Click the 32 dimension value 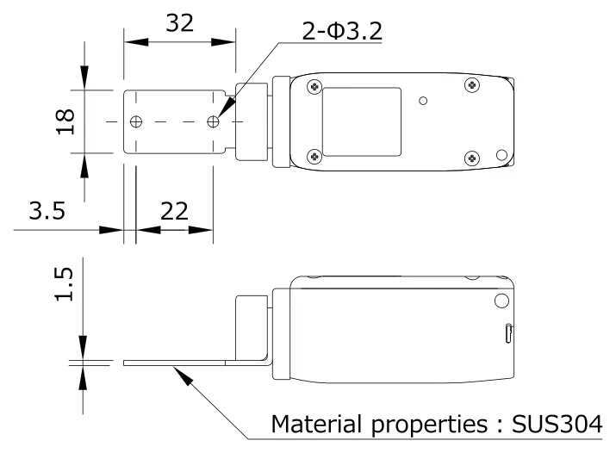coord(178,23)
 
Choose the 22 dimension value coord(174,212)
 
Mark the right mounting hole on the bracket coord(213,122)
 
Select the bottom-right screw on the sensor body coord(470,158)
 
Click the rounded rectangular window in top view coord(360,121)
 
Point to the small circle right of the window coord(423,101)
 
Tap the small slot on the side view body coord(508,332)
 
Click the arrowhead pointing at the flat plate coord(178,369)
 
